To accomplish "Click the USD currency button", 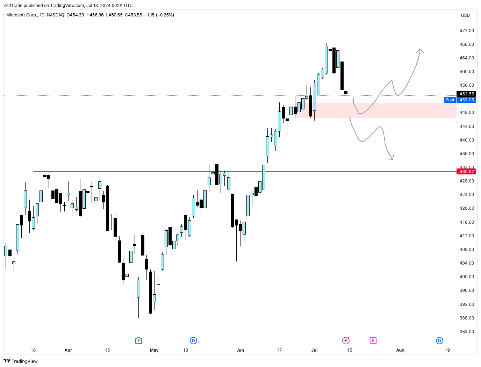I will (x=465, y=15).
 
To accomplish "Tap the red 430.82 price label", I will (x=466, y=172).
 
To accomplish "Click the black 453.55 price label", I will (x=466, y=94).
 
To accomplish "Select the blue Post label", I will (x=450, y=100).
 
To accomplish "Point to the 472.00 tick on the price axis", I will (x=467, y=31).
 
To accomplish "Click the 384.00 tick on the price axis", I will (x=467, y=332).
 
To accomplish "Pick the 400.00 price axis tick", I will (x=467, y=277).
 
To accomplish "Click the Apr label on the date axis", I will (x=68, y=350).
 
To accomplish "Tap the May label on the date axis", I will (x=154, y=350).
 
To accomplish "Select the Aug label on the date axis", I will (x=400, y=350).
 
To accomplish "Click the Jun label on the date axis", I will (x=240, y=350).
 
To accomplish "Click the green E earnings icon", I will (x=138, y=340).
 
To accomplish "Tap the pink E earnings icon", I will (x=373, y=340).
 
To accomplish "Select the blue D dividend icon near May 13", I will (x=193, y=340).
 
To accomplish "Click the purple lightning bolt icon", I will (x=346, y=340).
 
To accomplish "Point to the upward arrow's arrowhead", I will (x=420, y=50).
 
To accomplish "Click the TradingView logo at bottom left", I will (x=21, y=361).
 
